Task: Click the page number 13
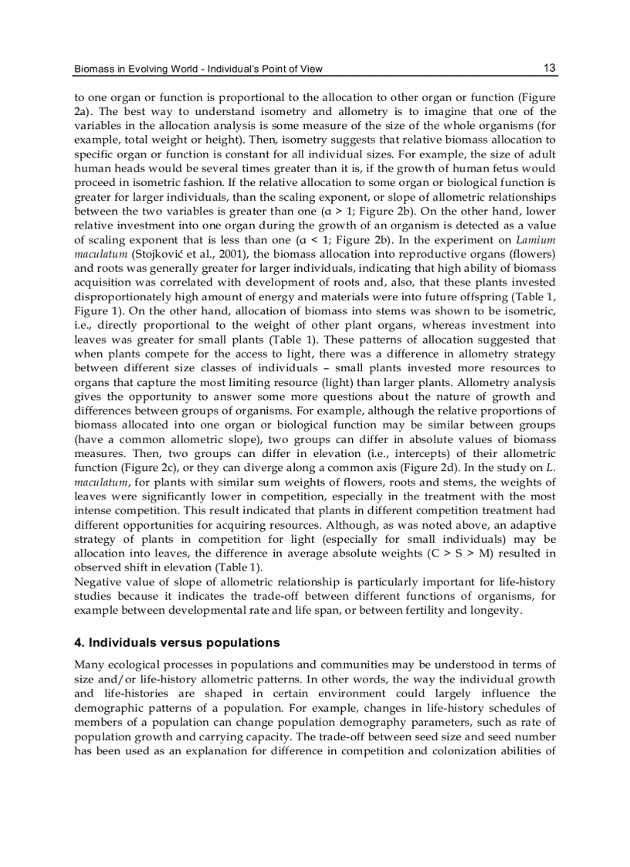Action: click(549, 68)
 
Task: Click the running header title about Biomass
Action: click(198, 69)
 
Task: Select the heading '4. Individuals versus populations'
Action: click(176, 642)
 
